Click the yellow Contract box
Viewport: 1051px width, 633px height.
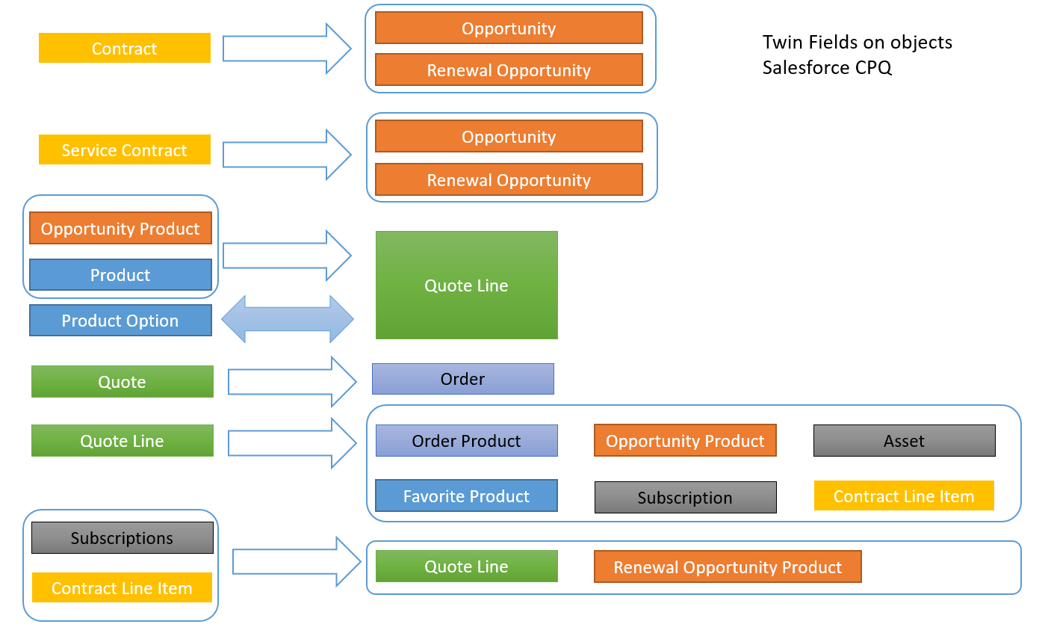124,48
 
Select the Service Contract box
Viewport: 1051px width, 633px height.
124,149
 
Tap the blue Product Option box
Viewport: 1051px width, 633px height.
120,320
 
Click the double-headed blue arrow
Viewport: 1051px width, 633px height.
288,319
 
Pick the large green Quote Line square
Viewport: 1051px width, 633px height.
466,285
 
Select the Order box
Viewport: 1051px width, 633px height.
462,379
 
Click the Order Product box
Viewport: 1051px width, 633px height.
466,441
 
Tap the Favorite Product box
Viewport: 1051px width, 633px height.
466,495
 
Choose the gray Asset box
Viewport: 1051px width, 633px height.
904,441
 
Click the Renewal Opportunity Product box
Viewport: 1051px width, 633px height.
727,566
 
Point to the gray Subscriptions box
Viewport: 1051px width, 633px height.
122,537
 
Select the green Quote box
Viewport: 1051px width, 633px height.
122,381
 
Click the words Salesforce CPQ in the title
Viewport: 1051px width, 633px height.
827,68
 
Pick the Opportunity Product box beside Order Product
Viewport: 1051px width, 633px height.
685,441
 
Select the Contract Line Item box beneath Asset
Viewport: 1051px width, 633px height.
904,495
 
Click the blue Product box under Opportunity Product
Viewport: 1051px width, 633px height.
120,274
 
